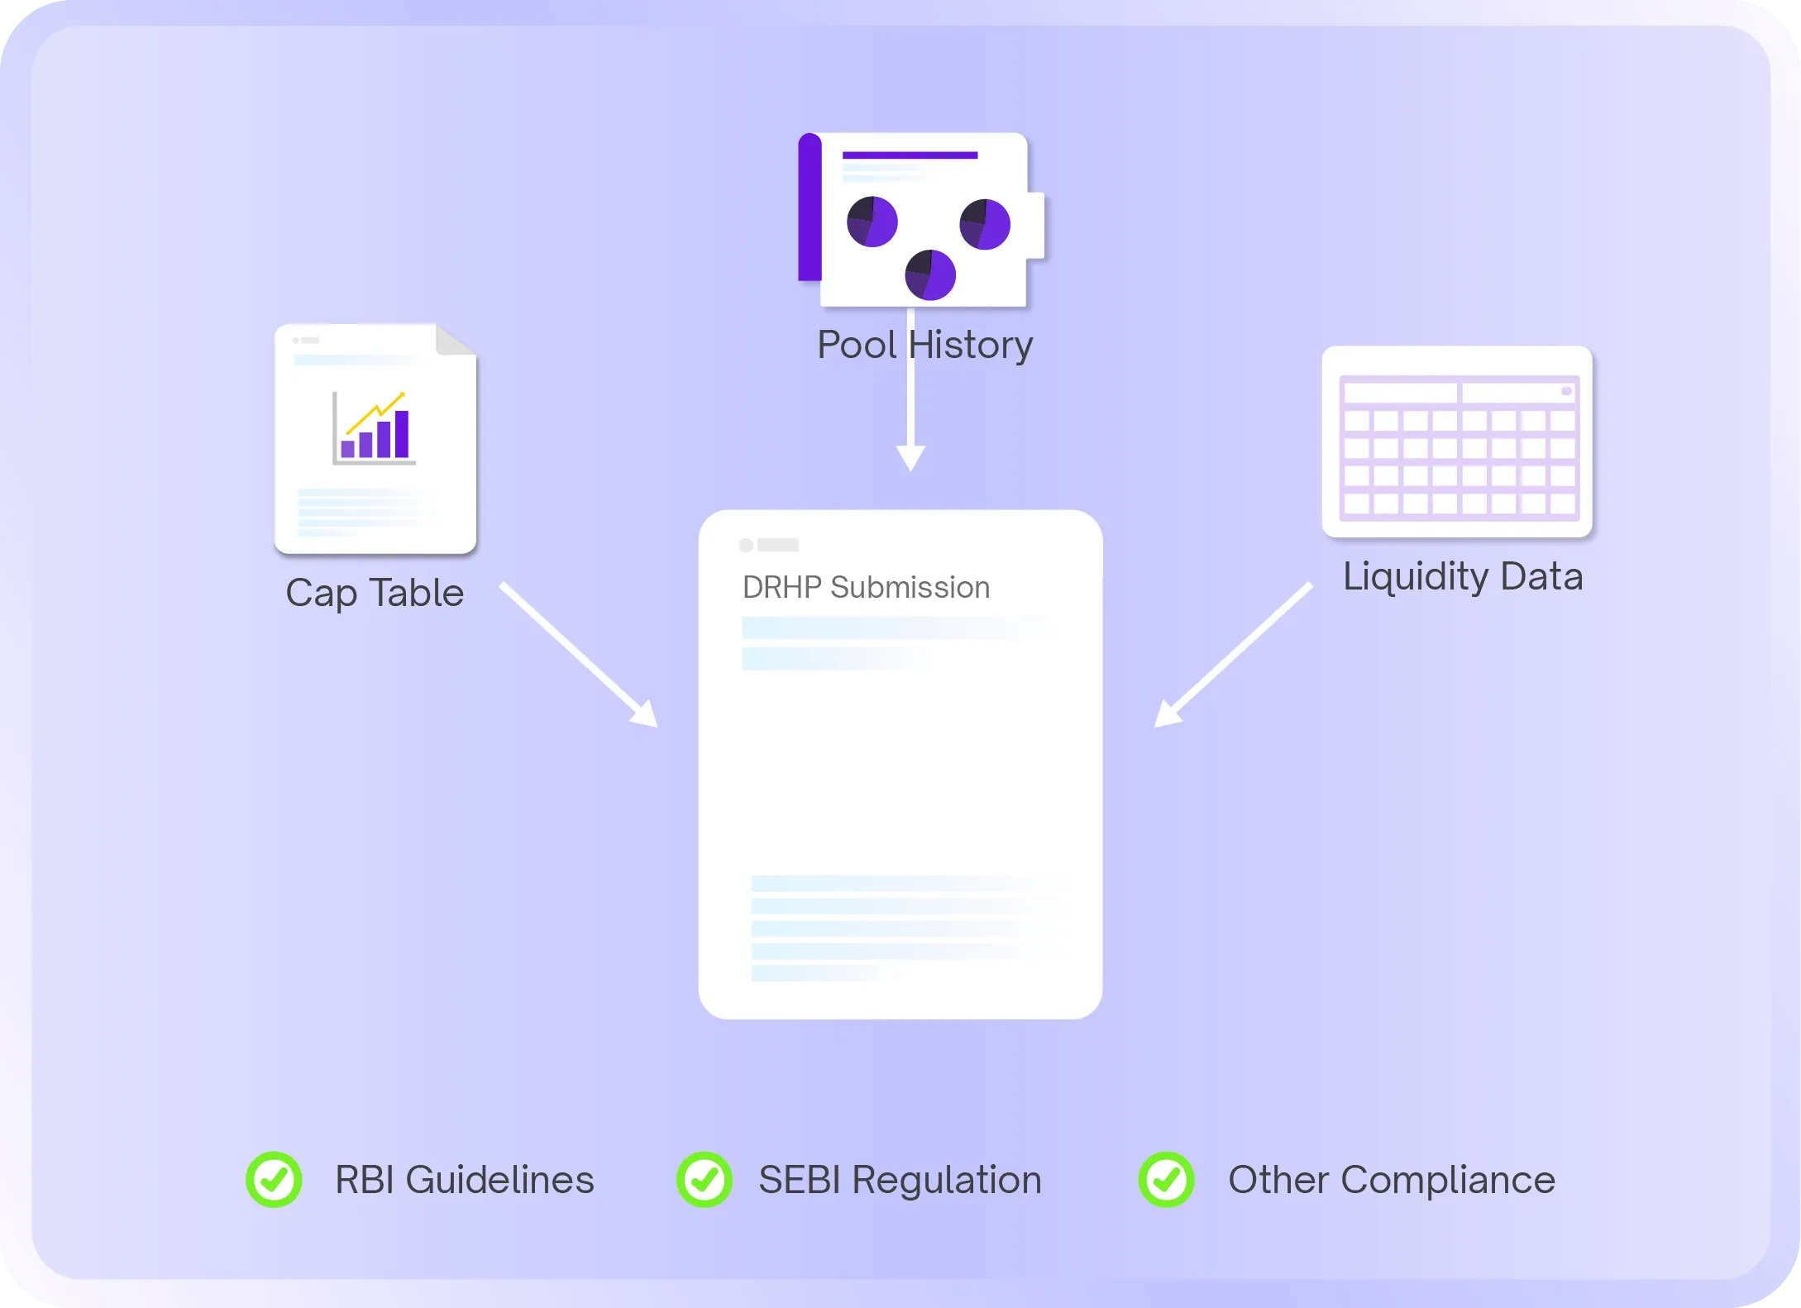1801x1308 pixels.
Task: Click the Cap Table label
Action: [x=375, y=594]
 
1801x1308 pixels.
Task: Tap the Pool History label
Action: [x=924, y=345]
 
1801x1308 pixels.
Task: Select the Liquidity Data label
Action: [x=1462, y=576]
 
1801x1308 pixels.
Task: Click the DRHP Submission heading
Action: [x=866, y=587]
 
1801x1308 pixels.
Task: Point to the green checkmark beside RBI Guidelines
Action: [x=274, y=1180]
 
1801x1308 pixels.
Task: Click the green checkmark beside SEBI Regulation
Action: [x=704, y=1180]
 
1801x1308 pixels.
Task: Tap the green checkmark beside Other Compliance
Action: [x=1166, y=1180]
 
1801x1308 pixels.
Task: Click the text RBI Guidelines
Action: [x=464, y=1180]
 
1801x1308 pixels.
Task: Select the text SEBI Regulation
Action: [x=900, y=1180]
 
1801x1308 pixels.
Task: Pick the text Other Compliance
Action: [x=1391, y=1180]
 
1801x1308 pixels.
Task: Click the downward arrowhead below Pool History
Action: [x=910, y=457]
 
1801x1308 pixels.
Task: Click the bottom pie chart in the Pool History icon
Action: [x=930, y=274]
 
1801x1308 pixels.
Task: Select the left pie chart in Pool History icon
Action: [x=872, y=222]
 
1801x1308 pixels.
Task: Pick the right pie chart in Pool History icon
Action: [x=985, y=223]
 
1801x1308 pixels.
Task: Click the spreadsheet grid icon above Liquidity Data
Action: [x=1457, y=442]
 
